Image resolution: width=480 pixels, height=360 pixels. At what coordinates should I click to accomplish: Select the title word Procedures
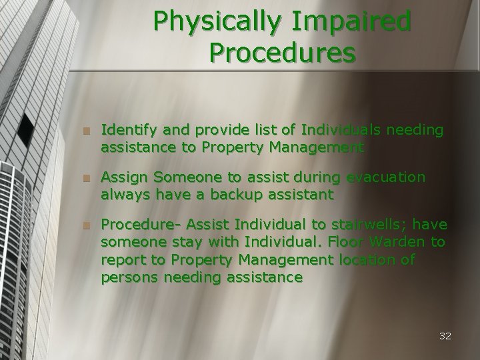click(282, 52)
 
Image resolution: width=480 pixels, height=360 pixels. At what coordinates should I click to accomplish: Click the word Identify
click(128, 130)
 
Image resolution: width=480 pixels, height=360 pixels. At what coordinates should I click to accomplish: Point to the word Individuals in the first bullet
click(341, 130)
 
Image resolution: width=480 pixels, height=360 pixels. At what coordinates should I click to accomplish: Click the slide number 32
click(445, 336)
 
